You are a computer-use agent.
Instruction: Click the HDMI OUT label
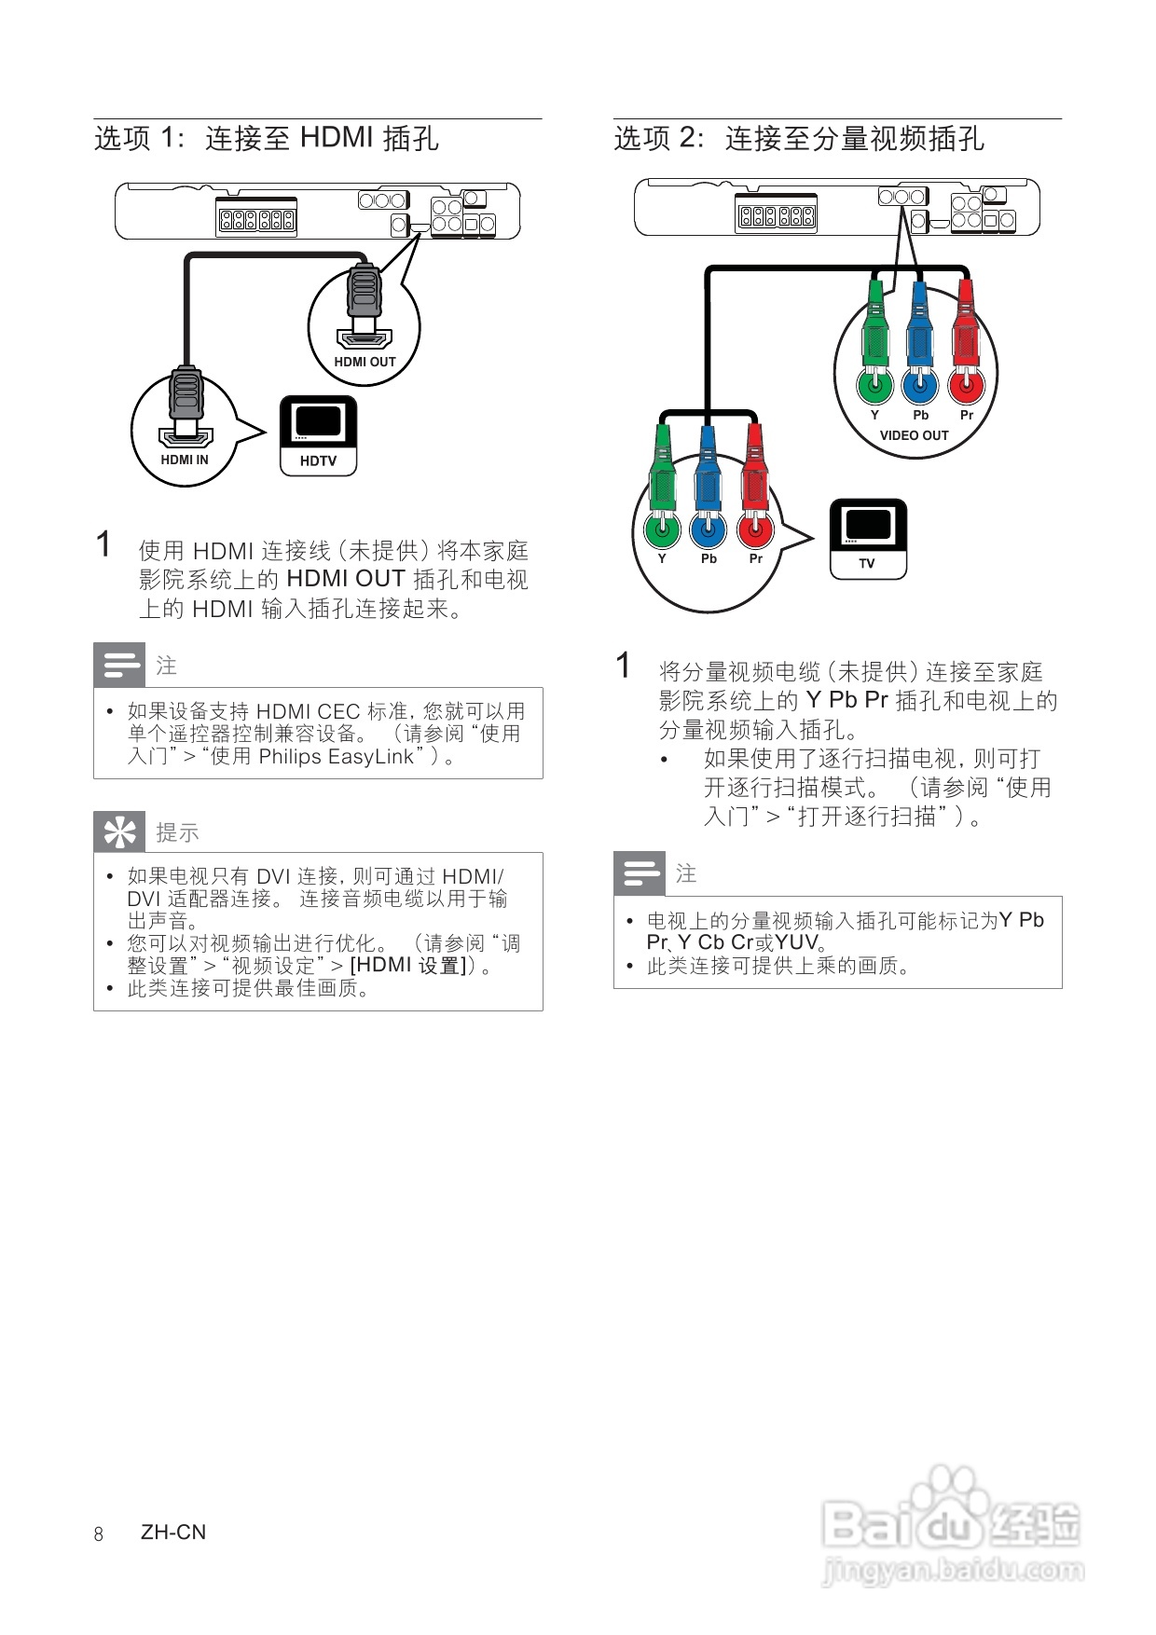pos(365,362)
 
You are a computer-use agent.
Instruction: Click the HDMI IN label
pos(185,460)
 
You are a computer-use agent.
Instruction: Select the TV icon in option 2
pos(868,539)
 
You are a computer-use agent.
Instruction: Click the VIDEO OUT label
pos(914,435)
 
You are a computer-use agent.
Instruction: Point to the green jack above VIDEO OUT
pos(874,384)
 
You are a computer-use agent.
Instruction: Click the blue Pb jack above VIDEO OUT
pos(920,384)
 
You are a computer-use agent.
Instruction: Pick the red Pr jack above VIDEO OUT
pos(966,384)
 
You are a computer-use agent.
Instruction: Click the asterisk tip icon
pos(119,832)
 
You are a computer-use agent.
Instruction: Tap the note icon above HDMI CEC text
pos(119,665)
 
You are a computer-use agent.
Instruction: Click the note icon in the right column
pos(640,873)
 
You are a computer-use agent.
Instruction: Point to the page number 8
pos(99,1533)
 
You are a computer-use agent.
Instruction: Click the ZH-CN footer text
pos(173,1532)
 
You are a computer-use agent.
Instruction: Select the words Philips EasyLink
pos(336,757)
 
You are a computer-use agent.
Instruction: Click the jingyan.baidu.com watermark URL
pos(953,1572)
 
